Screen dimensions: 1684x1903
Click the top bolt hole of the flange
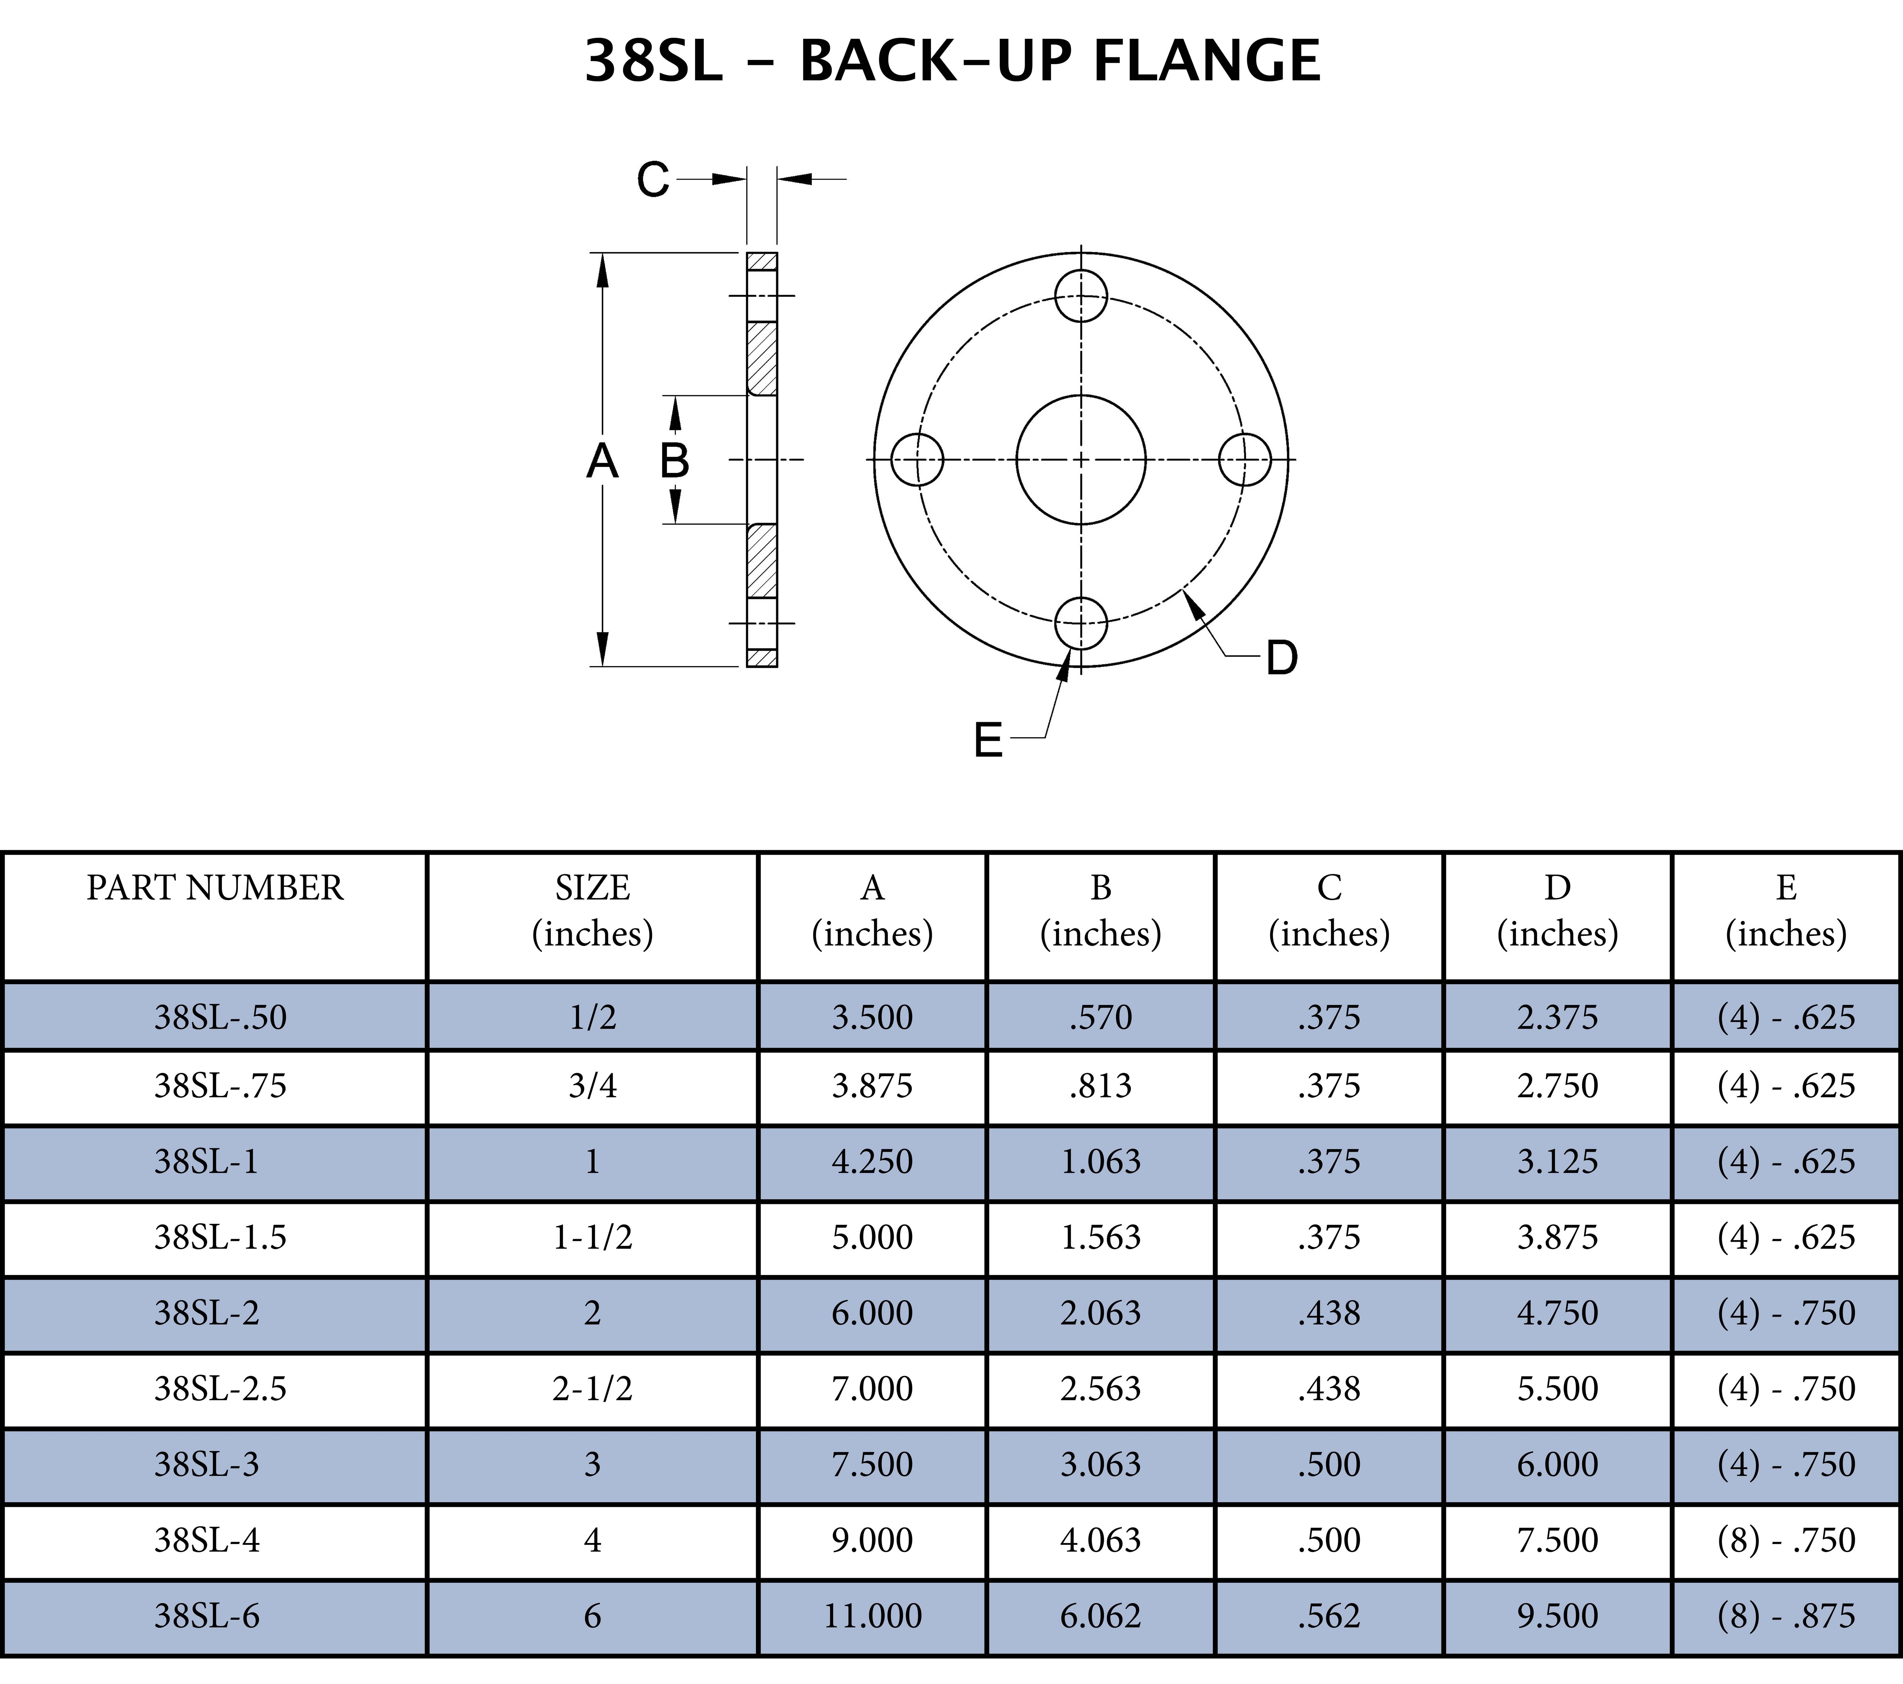1081,296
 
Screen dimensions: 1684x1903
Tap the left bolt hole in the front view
917,459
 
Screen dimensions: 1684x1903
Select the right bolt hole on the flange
1245,459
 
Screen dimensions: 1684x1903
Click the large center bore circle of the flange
1081,459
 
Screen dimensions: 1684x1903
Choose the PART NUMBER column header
215,888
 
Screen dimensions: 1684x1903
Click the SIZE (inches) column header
592,910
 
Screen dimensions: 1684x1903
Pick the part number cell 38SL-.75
221,1085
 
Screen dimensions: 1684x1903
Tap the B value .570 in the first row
1100,1016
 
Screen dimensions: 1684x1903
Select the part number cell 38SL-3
207,1464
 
